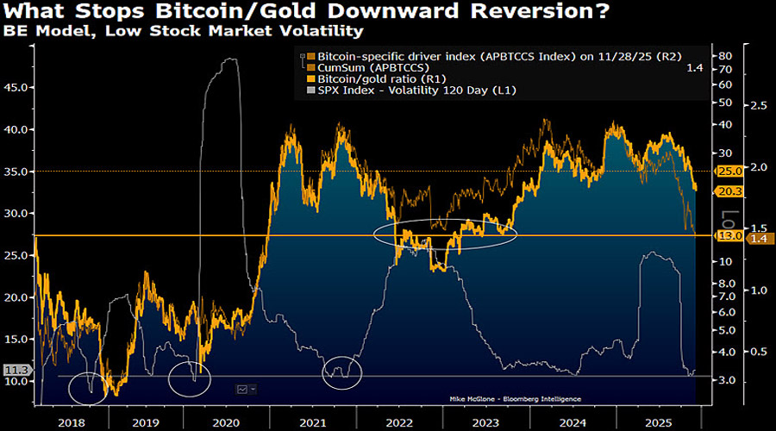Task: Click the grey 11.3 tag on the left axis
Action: [15, 370]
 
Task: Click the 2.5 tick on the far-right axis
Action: [760, 105]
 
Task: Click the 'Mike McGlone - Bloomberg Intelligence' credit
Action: [515, 399]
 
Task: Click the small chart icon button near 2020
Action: [246, 390]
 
